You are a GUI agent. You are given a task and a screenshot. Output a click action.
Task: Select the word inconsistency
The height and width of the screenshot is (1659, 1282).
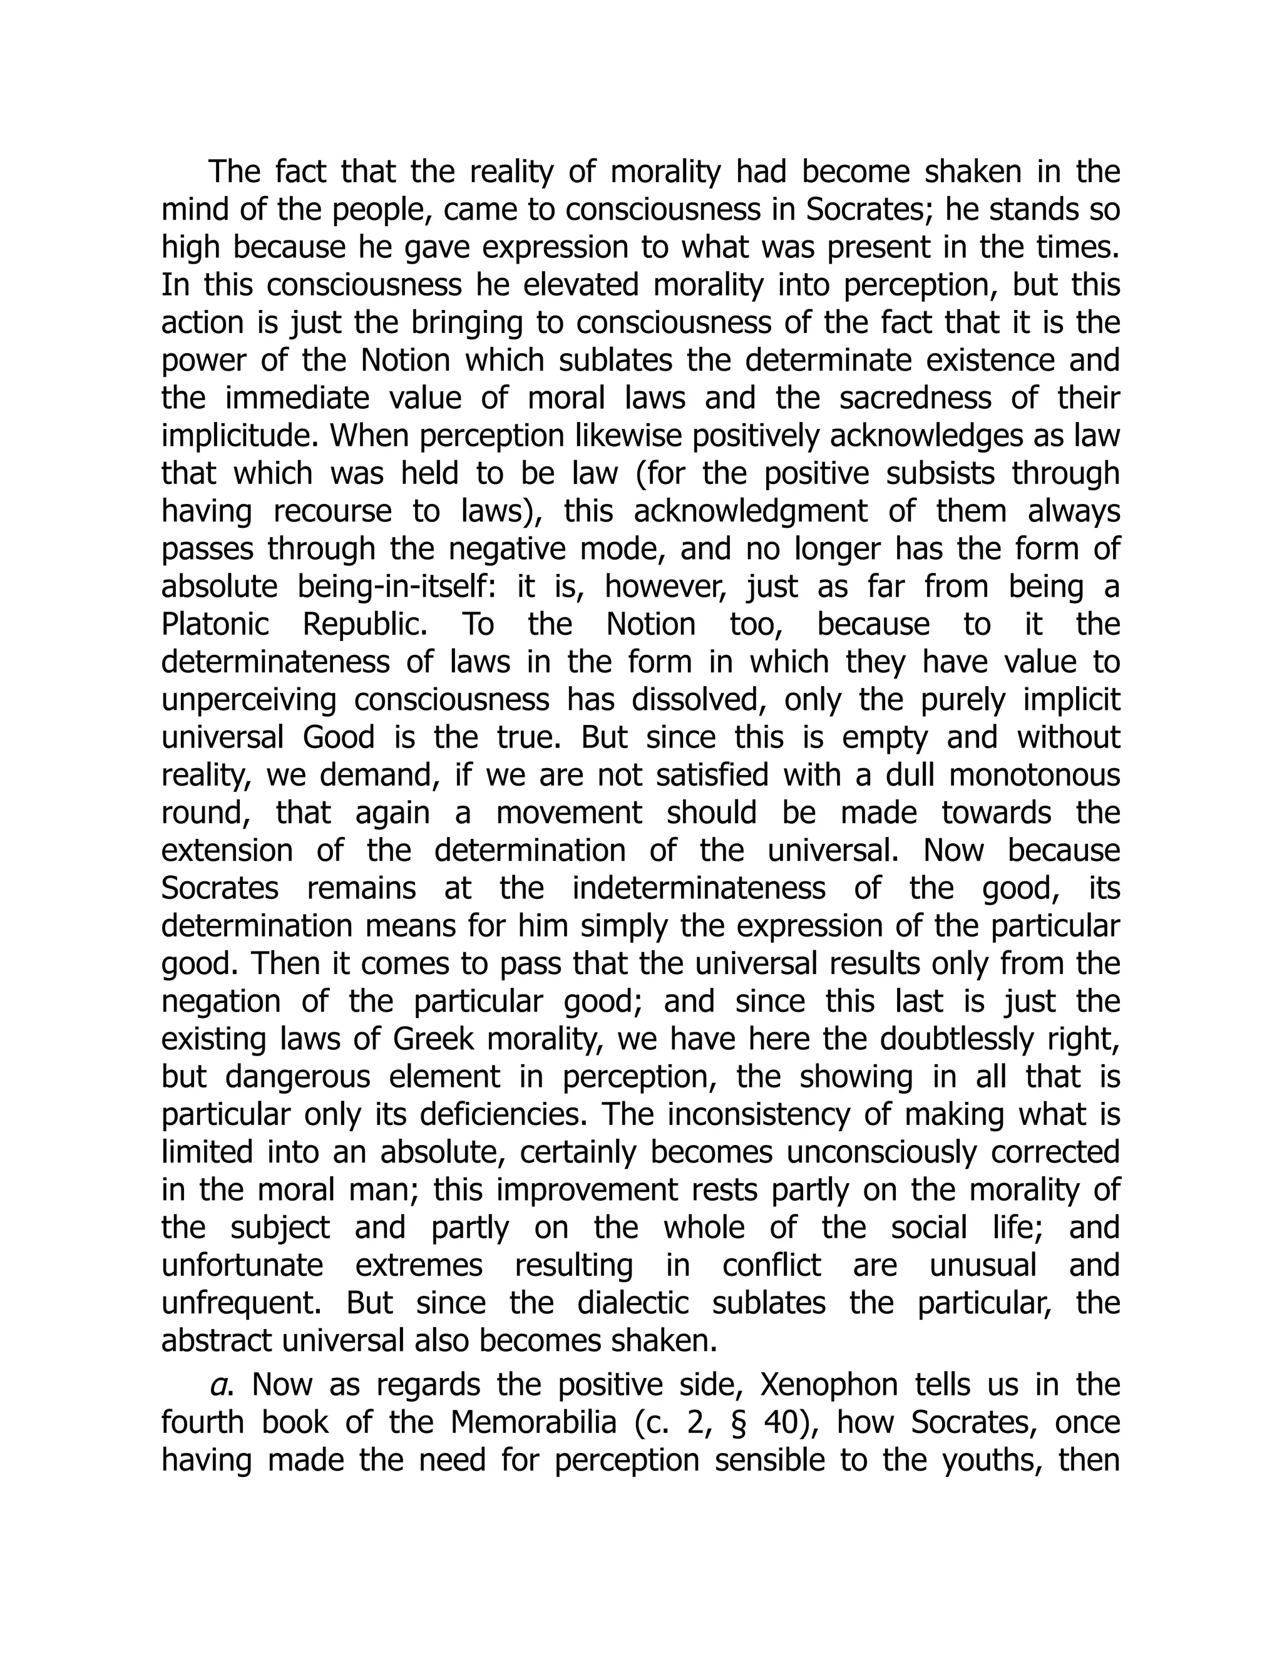[754, 1114]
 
